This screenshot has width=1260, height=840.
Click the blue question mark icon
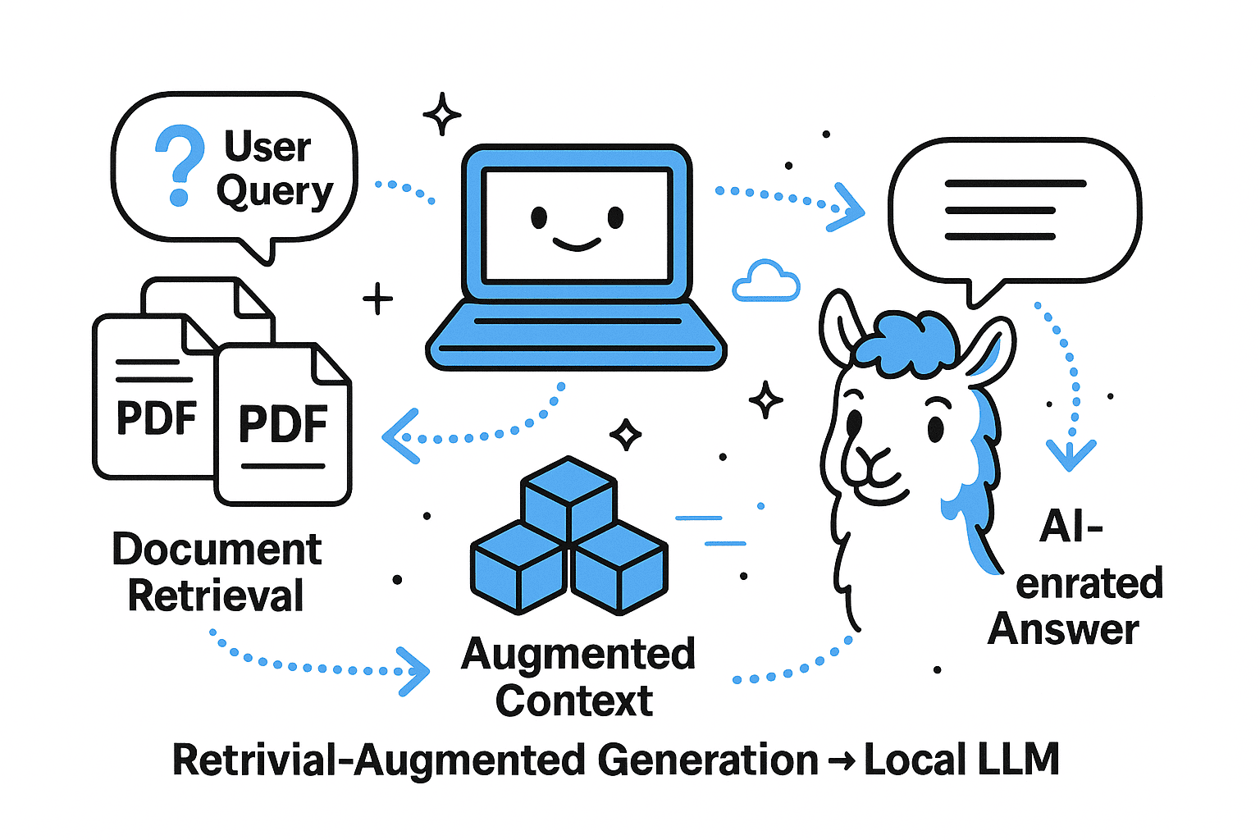click(x=180, y=164)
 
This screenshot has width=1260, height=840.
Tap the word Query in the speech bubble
click(x=274, y=192)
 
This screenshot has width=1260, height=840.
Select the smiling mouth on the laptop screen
click(x=576, y=244)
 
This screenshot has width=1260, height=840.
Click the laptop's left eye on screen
click(x=539, y=217)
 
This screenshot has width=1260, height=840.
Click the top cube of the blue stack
click(x=568, y=495)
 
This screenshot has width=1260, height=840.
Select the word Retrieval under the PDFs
click(x=216, y=596)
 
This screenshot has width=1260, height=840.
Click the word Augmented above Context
click(x=578, y=655)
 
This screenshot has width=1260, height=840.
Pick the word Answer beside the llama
click(x=1063, y=629)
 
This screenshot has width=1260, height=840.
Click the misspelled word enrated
click(x=1089, y=583)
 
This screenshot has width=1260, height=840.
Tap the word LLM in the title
click(x=1017, y=760)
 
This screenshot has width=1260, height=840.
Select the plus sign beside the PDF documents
click(x=377, y=299)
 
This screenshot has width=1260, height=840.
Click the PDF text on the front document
click(x=283, y=424)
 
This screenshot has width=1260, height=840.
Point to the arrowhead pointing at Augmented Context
click(x=414, y=671)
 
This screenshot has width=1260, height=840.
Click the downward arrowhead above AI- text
click(x=1071, y=454)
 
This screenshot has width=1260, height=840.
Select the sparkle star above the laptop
click(x=441, y=114)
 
